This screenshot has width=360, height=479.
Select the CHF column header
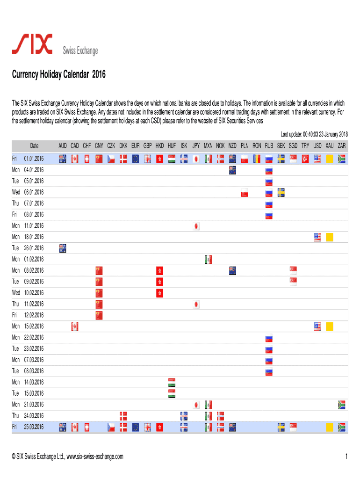point(87,146)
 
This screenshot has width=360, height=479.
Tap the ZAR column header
point(341,146)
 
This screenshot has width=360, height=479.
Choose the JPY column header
point(196,146)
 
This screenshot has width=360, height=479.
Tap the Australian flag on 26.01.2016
point(63,248)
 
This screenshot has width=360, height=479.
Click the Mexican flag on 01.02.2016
point(209,259)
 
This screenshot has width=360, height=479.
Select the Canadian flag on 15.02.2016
point(75,326)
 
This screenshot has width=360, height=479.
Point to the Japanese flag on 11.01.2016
point(196,226)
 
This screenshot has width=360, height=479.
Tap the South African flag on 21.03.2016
point(341,404)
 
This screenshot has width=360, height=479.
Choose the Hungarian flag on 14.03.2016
point(172,382)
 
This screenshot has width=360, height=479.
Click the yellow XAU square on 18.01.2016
point(329,237)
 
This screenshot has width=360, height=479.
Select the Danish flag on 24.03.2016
point(123,415)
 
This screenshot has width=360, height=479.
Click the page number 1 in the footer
point(346,457)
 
